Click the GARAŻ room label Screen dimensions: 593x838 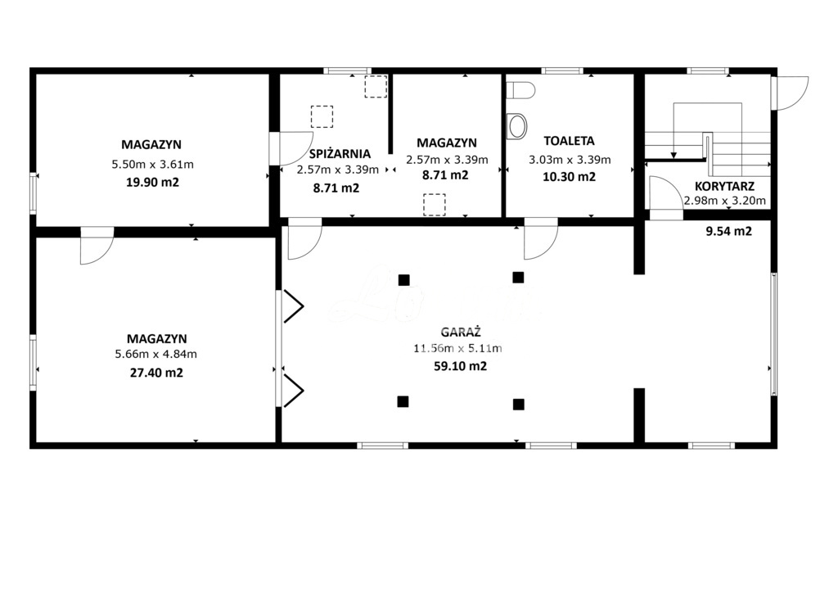460,333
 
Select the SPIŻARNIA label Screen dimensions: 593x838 340,153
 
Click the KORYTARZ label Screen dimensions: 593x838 723,186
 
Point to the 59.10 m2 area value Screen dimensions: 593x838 460,366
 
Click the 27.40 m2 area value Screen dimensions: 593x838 156,372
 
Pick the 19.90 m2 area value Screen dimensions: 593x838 152,182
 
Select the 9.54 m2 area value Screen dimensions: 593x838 728,232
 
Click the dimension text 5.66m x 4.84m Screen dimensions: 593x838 156,355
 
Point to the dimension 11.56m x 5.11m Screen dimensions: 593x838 457,349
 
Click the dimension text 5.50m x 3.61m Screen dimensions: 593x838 152,165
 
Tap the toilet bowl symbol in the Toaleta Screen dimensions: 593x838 517,125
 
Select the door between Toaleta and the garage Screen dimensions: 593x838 540,238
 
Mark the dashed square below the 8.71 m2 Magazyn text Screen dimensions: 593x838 434,204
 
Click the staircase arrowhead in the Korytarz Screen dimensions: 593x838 673,154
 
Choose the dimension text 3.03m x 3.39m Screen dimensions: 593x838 569,160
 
